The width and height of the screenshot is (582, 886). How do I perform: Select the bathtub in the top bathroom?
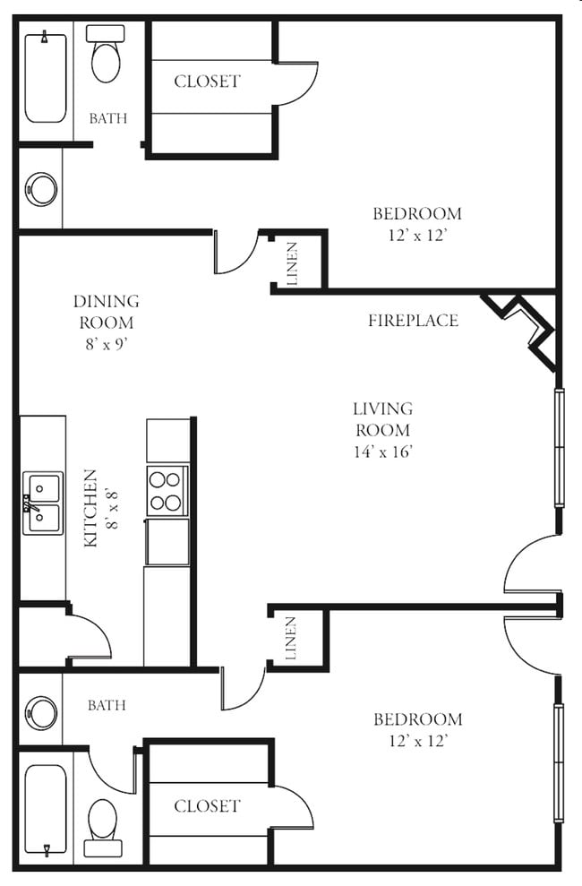point(44,78)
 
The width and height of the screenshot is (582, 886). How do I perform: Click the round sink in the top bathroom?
point(42,189)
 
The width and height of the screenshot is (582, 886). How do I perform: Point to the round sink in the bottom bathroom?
point(41,712)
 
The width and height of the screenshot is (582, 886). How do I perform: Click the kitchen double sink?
point(43,503)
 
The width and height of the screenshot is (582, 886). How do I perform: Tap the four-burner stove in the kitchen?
point(167,491)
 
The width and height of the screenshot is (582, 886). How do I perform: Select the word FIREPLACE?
point(413,321)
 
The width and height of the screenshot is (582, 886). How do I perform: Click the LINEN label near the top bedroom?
point(294,263)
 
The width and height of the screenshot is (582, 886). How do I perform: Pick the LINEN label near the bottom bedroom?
point(292,639)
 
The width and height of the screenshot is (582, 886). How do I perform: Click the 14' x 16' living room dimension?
point(382,452)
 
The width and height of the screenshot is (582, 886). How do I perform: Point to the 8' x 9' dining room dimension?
point(106,344)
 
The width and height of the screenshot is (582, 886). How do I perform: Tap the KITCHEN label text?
point(90,508)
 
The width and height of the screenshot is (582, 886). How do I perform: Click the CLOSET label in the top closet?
point(207,82)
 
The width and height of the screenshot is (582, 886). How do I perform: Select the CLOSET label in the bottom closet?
point(207,806)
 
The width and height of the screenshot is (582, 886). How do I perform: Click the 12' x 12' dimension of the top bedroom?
point(416,236)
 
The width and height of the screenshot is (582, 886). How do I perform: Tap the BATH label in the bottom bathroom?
point(107,706)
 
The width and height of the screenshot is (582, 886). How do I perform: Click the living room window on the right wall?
point(559,447)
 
